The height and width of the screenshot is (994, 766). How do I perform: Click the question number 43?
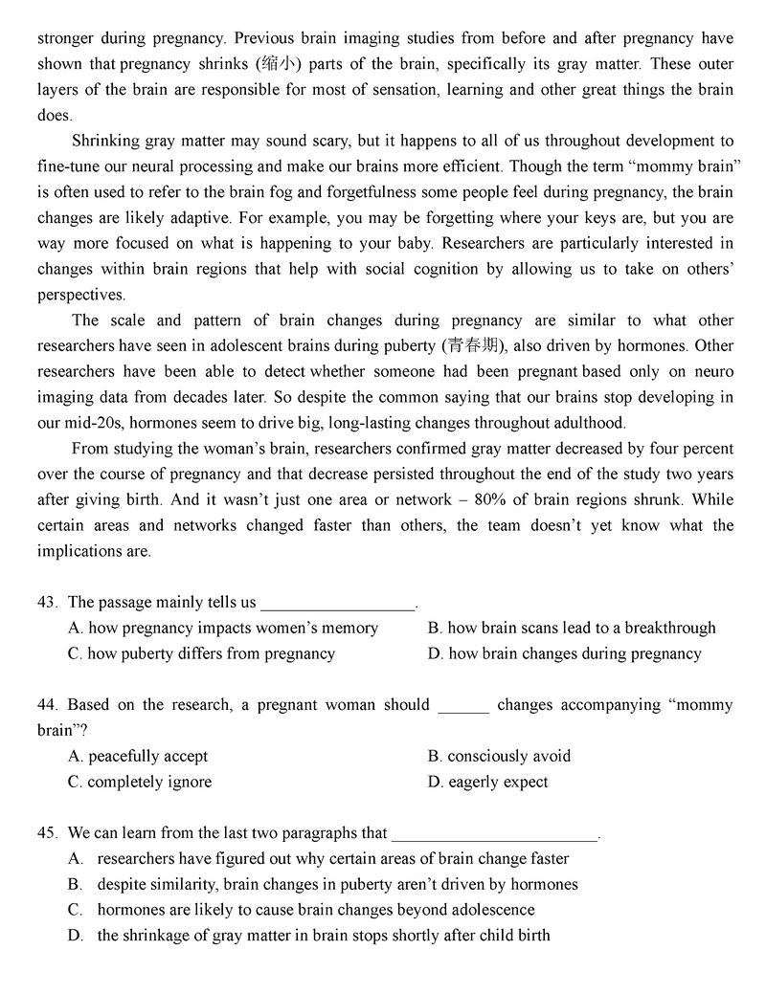(48, 603)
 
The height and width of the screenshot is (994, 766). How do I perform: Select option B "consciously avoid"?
(499, 757)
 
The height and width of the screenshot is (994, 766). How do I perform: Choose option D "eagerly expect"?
(487, 783)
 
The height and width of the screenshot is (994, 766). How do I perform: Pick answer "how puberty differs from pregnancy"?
(202, 654)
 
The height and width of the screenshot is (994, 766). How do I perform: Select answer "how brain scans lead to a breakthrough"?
(572, 629)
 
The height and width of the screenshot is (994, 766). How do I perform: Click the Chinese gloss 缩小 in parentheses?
(280, 64)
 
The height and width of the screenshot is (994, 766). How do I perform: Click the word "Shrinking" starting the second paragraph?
(111, 141)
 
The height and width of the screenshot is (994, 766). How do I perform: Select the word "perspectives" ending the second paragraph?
(81, 296)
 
